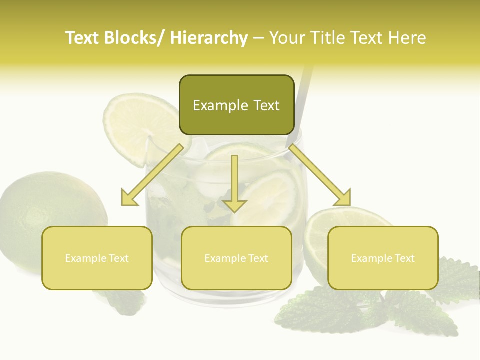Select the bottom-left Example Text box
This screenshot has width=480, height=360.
[97, 258]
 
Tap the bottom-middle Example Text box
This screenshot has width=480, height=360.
[236, 258]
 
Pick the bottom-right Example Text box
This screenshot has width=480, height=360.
[383, 258]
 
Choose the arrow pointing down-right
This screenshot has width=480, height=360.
[320, 175]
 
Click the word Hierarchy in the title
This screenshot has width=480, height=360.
[209, 38]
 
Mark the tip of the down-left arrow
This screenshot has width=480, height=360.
[123, 204]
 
